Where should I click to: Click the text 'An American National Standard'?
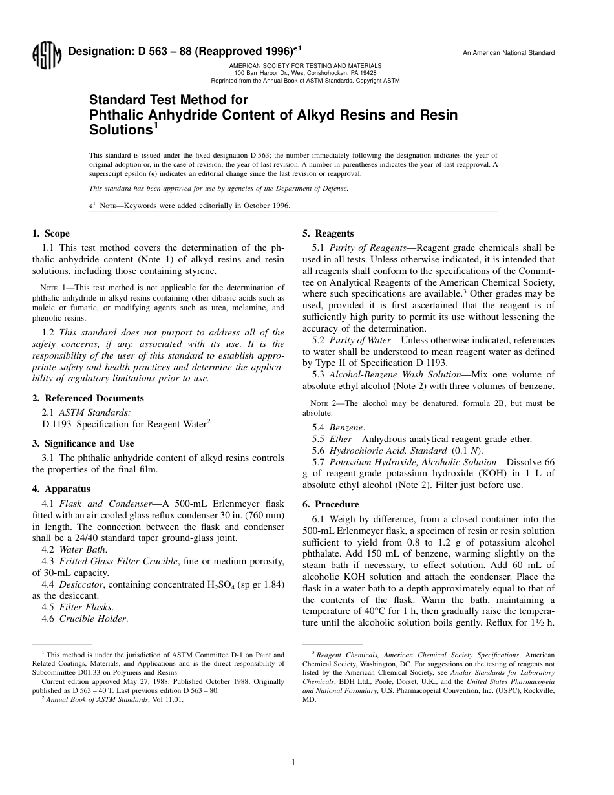tap(509, 53)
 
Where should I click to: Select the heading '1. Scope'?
tap(51, 233)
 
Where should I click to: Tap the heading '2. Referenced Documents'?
tap(88, 398)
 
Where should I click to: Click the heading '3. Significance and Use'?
tap(83, 443)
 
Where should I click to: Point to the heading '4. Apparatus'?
tap(61, 489)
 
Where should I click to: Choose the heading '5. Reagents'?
tap(328, 233)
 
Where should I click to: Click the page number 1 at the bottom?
tap(293, 763)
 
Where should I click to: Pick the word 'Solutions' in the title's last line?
tap(122, 130)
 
